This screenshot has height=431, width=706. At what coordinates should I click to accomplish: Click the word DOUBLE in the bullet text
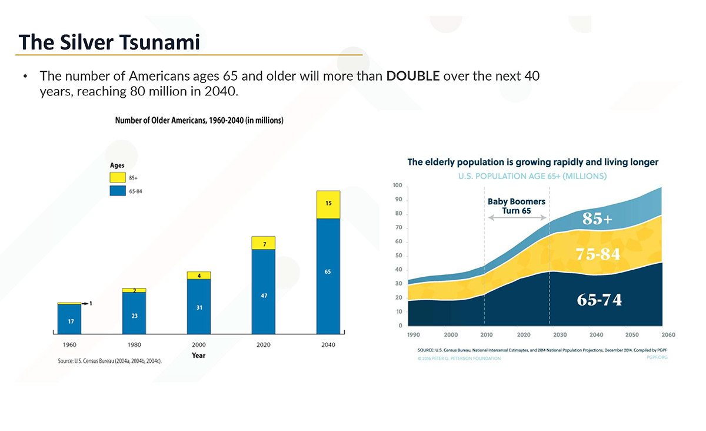[413, 77]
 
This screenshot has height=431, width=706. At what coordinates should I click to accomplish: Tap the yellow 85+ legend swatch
[117, 177]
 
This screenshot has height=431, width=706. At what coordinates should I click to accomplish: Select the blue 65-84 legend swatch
[117, 190]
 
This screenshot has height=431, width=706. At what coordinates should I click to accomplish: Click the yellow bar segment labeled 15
[328, 204]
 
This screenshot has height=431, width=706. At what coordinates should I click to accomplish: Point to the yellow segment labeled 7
[264, 243]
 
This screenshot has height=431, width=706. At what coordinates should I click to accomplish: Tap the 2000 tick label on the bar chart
[199, 344]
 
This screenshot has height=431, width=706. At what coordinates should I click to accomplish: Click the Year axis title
[199, 356]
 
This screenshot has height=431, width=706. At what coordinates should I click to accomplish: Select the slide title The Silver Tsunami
[109, 42]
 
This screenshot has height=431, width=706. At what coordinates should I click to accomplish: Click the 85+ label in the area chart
[597, 219]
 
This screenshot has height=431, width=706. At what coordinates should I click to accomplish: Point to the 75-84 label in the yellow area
[598, 254]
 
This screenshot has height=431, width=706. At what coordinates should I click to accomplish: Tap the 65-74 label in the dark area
[599, 300]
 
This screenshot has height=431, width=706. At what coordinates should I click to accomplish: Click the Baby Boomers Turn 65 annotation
[517, 205]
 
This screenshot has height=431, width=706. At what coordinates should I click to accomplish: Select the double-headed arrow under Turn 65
[517, 218]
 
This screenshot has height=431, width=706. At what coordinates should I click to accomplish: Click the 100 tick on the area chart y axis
[397, 186]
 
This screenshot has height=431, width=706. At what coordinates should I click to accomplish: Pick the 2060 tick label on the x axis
[668, 334]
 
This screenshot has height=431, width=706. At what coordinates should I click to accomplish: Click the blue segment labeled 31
[199, 307]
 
